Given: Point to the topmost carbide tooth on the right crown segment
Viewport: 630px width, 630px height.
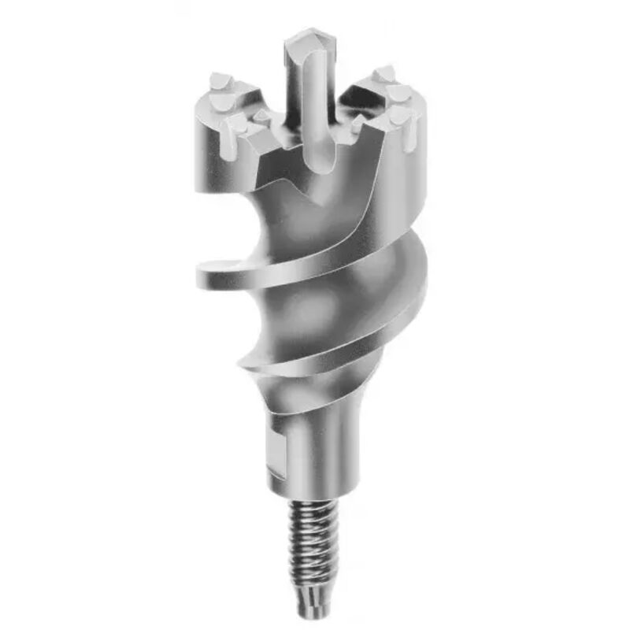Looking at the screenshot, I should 384,75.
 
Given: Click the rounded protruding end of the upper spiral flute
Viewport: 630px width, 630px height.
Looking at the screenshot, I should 206,273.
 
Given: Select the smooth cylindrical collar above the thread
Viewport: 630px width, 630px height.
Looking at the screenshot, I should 315,457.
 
